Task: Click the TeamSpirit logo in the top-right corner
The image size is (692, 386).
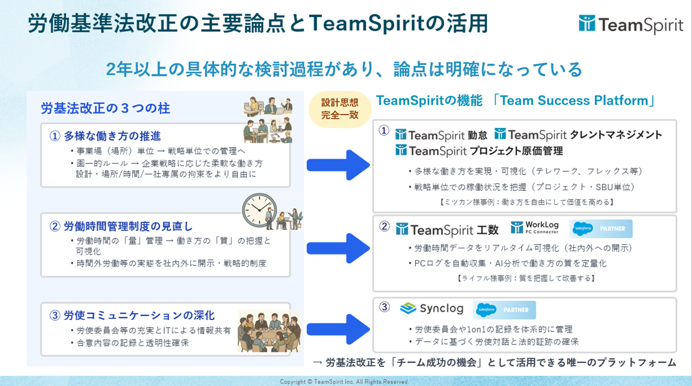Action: [x=631, y=25]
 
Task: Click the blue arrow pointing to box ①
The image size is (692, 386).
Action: [x=338, y=164]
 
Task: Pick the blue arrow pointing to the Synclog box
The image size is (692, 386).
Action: [x=338, y=329]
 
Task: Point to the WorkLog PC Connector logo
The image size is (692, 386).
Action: [x=535, y=228]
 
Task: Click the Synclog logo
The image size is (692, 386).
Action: [x=432, y=308]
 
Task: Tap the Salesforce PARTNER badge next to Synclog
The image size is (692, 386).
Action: [x=504, y=310]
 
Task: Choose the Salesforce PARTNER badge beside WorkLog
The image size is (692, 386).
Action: [x=601, y=228]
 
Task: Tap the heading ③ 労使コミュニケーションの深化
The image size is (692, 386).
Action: [x=132, y=316]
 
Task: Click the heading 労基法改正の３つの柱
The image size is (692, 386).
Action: [x=105, y=108]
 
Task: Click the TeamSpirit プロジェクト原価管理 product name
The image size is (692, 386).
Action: [x=479, y=151]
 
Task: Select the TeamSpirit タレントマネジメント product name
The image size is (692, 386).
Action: [x=578, y=135]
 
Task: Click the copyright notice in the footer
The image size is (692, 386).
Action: [x=345, y=382]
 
